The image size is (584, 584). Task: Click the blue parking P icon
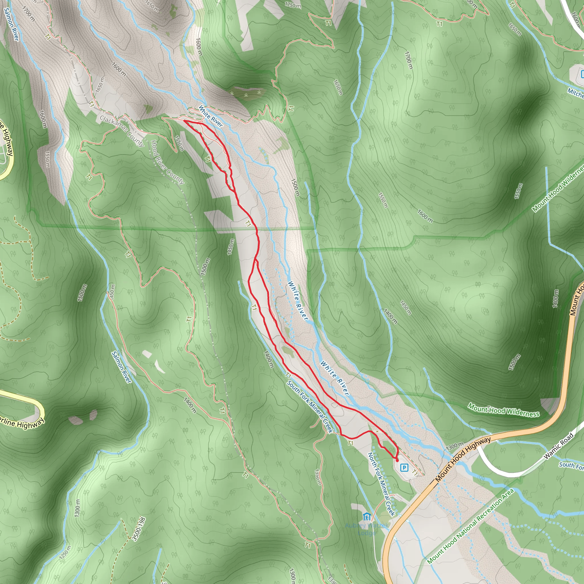click(404, 468)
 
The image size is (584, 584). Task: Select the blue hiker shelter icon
click(367, 517)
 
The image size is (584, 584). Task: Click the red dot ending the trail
click(397, 460)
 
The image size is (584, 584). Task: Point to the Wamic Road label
click(559, 446)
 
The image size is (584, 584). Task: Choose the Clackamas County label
click(122, 131)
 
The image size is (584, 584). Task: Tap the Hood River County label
click(167, 162)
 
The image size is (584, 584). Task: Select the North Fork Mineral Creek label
click(382, 484)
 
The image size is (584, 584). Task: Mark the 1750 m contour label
click(293, 5)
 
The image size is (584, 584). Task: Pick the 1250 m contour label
click(65, 552)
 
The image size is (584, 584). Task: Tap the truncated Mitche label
click(575, 93)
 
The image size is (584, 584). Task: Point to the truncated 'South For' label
click(571, 466)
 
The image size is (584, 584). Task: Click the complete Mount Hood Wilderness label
click(504, 410)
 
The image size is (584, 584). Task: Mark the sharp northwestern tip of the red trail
click(184, 121)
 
